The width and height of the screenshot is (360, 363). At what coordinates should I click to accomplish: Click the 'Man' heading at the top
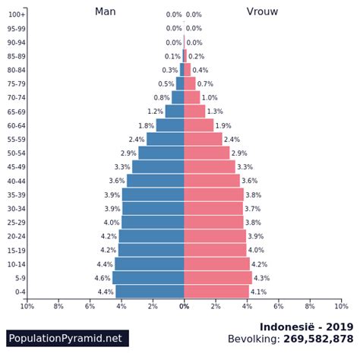105,11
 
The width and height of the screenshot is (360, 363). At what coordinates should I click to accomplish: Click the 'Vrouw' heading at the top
262,11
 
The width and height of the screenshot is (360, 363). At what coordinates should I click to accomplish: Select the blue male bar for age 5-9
148,278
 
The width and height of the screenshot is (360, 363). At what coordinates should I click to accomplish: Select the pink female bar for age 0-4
216,292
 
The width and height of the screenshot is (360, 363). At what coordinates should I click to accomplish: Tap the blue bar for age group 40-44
156,181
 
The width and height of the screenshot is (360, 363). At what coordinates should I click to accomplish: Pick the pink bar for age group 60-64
199,125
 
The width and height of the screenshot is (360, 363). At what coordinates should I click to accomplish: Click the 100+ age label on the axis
17,14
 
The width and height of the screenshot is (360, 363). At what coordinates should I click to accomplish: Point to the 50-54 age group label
17,153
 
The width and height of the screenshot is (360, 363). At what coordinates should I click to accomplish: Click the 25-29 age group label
17,223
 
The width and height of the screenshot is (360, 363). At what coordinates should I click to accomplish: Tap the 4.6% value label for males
103,278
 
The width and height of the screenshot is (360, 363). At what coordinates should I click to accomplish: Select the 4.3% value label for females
261,278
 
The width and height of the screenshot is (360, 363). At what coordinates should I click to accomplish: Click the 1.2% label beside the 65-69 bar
155,112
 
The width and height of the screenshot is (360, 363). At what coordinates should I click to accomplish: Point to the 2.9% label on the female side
239,153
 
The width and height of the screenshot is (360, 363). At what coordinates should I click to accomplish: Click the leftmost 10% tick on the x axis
27,306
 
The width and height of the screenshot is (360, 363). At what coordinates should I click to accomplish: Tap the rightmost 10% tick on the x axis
341,306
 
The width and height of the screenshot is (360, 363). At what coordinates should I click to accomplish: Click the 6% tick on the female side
279,306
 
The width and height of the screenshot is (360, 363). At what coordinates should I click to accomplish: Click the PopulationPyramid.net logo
67,338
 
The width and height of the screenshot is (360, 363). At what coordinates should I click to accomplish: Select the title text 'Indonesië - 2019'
306,327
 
